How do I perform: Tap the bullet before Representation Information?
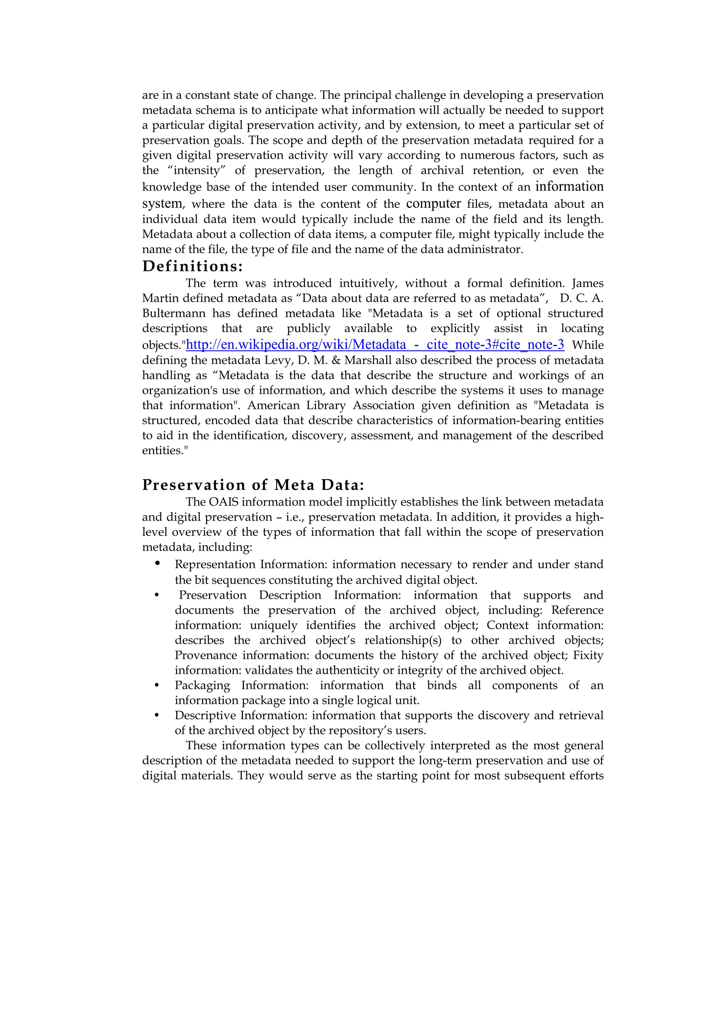157,564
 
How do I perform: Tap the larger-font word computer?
433,203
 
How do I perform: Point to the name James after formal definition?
587,283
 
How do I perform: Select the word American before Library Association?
273,405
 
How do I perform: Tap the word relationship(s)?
403,640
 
